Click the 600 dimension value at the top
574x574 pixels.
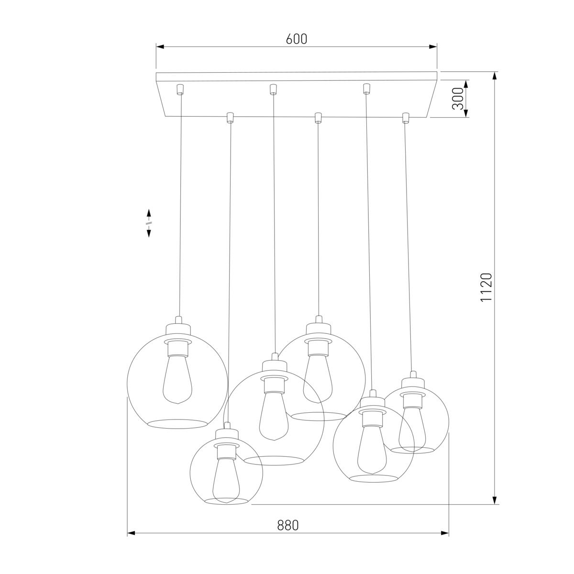click(x=297, y=39)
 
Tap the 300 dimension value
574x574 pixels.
click(x=458, y=99)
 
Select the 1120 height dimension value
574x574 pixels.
click(x=486, y=287)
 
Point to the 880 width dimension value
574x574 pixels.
click(x=288, y=525)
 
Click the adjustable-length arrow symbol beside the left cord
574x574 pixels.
click(x=149, y=223)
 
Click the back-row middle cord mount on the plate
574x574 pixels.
click(x=273, y=89)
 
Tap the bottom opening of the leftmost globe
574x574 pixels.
click(x=177, y=423)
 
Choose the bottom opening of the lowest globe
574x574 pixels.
click(x=226, y=501)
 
